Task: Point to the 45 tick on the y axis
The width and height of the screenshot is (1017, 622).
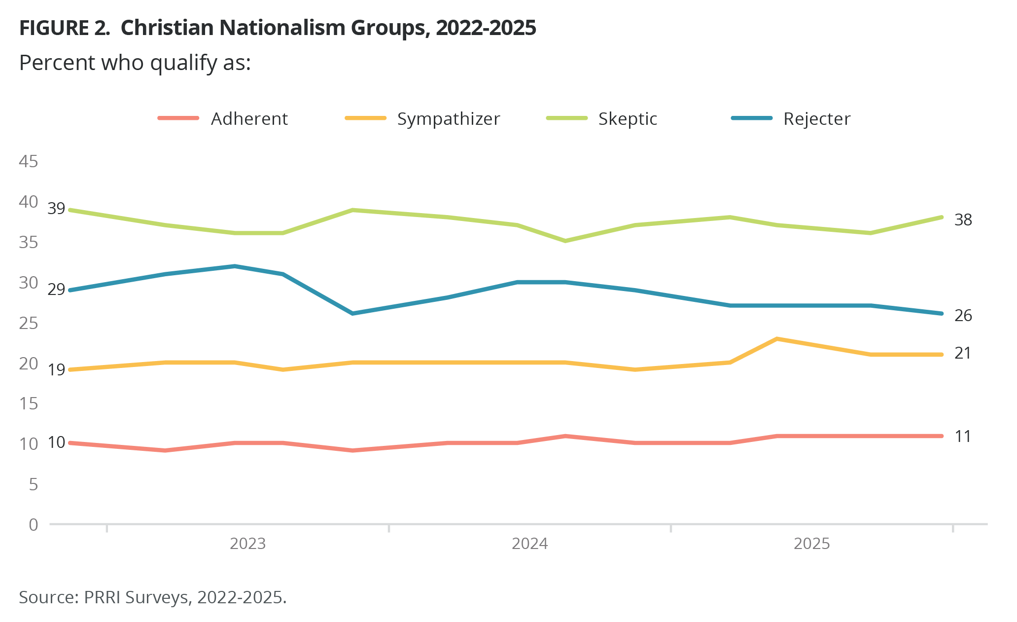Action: click(28, 161)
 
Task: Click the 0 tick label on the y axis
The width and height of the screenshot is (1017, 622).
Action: click(33, 524)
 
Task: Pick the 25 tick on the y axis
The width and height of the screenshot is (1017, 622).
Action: click(28, 323)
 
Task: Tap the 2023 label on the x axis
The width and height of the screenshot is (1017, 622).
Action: click(247, 544)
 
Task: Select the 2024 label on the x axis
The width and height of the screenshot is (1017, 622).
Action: click(529, 544)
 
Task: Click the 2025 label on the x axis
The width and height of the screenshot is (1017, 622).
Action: click(811, 544)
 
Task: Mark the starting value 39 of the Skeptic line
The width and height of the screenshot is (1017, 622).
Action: click(56, 209)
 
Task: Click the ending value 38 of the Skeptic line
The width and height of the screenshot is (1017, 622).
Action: click(963, 220)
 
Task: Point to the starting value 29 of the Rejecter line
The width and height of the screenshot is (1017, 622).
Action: click(56, 289)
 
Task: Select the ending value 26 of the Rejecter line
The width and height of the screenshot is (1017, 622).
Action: click(963, 315)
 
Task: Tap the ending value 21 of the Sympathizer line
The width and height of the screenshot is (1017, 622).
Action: click(963, 353)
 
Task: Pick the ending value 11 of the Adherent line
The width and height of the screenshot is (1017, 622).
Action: click(963, 437)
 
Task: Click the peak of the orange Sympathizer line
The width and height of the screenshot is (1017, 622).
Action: click(777, 339)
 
